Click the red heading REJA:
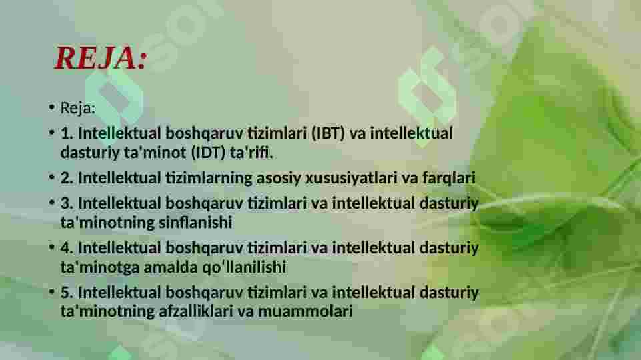click(x=100, y=59)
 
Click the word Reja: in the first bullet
click(x=78, y=108)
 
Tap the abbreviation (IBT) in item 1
click(x=328, y=133)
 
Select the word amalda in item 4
click(x=175, y=267)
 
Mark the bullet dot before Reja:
click(x=51, y=109)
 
